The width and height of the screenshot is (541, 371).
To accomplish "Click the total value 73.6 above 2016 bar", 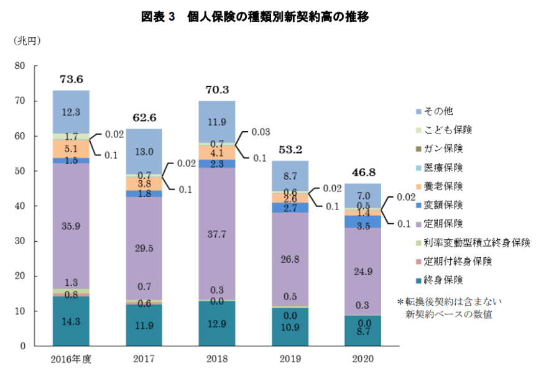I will [71, 79].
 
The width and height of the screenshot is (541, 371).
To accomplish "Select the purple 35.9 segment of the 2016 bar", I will [71, 226].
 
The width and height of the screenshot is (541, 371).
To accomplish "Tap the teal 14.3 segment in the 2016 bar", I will [71, 322].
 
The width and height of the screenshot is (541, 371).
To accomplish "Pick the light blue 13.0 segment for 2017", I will [144, 152].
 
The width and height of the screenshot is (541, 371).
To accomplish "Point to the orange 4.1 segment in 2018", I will [217, 152].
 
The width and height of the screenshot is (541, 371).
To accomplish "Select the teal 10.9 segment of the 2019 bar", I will [290, 327].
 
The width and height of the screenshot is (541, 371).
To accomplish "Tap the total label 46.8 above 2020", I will [363, 172].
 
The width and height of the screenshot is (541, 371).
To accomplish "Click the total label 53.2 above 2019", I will [290, 150].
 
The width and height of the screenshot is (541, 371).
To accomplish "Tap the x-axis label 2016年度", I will [71, 359].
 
